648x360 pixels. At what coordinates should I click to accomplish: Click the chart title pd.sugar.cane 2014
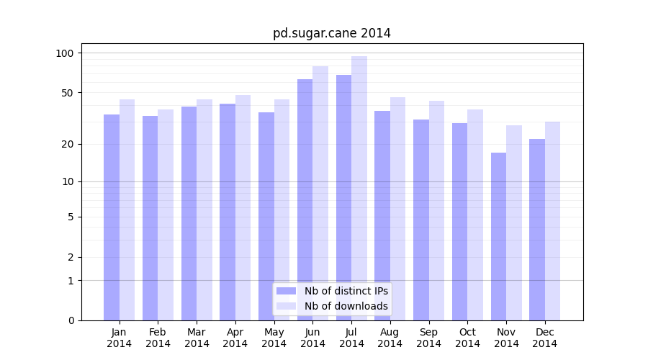(x=331, y=33)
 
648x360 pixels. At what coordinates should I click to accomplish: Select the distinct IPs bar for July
(x=343, y=197)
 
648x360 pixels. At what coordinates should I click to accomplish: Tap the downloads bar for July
(x=359, y=188)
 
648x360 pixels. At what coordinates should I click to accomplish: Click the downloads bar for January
(x=127, y=210)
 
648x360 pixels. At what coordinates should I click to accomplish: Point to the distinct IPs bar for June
(x=305, y=199)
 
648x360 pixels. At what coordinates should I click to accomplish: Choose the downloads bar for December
(x=552, y=221)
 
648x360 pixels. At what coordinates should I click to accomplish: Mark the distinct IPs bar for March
(x=189, y=213)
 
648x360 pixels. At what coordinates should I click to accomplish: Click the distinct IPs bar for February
(x=150, y=218)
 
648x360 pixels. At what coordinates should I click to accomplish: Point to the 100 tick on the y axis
(x=65, y=53)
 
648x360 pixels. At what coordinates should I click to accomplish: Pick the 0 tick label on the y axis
(x=71, y=320)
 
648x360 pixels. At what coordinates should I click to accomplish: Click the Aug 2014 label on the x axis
(x=390, y=338)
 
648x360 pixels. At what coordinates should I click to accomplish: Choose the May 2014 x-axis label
(x=274, y=338)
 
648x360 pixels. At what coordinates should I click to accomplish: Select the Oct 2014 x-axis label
(x=467, y=338)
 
